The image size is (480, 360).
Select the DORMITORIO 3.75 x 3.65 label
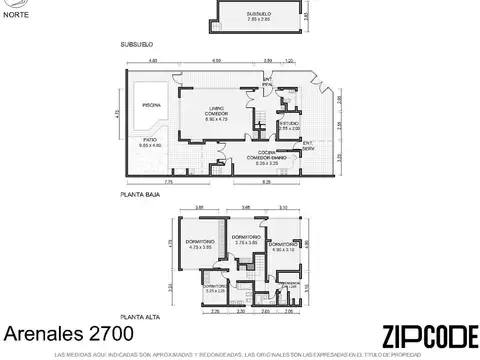coord(246,239)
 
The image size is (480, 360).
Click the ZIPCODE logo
coord(422,338)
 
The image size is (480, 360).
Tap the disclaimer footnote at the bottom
coord(240,355)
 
